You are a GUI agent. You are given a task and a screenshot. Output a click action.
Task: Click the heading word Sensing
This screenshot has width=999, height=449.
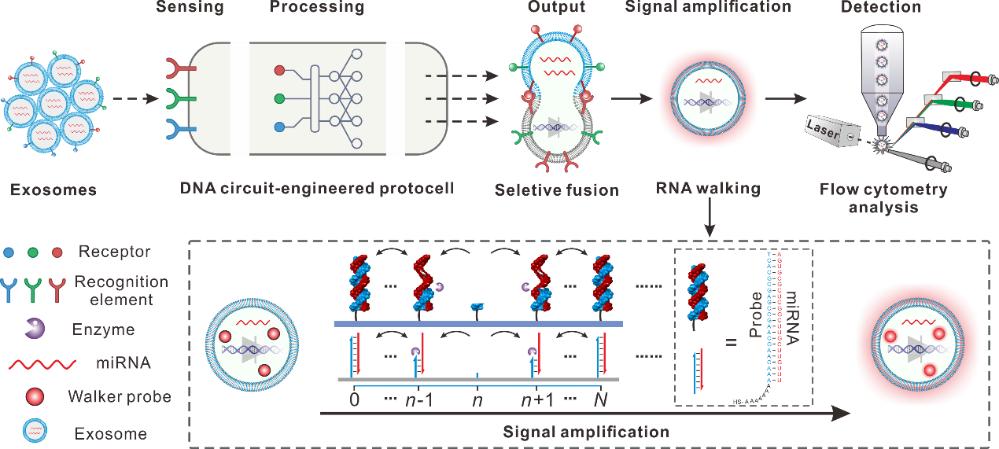point(190,8)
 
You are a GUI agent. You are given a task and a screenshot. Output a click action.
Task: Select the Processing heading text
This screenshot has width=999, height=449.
point(317,8)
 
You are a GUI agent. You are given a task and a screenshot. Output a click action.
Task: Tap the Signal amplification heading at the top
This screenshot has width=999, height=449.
point(707,7)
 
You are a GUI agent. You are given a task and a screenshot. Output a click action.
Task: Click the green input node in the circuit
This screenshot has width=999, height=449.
point(279,99)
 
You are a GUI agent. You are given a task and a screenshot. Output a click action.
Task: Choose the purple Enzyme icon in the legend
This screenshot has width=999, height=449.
point(33,329)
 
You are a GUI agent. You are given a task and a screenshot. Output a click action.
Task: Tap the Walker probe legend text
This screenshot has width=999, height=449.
point(120,396)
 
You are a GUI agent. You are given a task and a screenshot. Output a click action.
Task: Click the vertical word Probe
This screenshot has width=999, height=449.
point(755,314)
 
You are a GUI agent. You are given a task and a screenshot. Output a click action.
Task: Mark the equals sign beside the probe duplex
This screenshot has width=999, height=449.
point(731,342)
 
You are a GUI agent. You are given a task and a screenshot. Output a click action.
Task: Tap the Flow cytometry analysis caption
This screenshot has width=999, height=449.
point(883,199)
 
